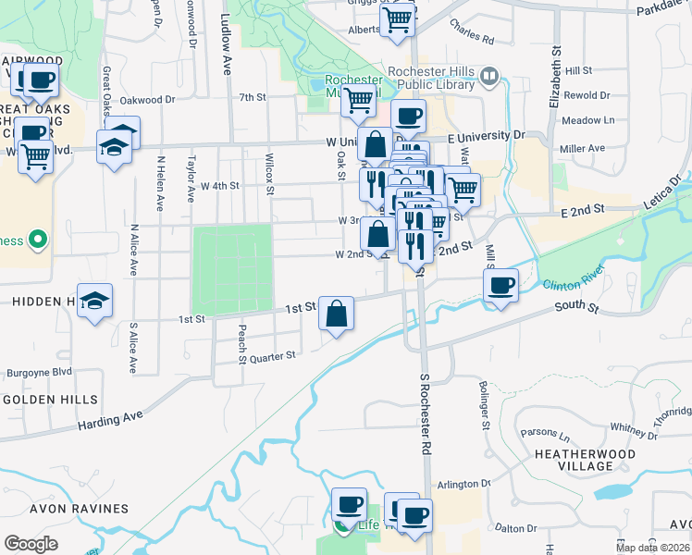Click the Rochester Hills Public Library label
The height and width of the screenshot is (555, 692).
click(x=432, y=79)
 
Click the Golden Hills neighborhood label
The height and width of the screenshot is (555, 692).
click(x=50, y=400)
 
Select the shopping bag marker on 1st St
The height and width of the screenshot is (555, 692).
click(x=336, y=314)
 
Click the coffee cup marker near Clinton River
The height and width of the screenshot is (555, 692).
click(x=500, y=285)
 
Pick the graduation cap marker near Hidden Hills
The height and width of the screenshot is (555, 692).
click(x=94, y=301)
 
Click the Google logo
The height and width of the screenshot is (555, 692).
click(x=31, y=544)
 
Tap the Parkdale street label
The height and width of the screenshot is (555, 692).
click(x=663, y=10)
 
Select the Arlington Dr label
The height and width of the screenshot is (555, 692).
click(x=463, y=484)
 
